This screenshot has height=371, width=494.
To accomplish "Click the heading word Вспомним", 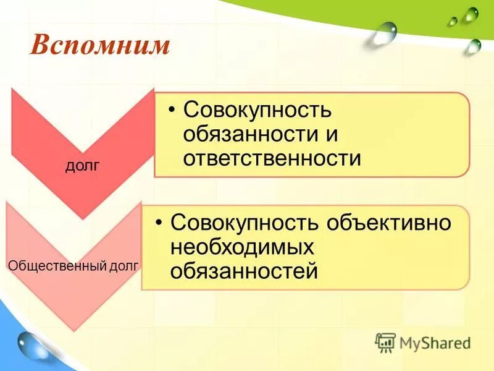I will coord(99,46).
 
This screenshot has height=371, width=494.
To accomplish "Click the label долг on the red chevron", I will coord(82,166).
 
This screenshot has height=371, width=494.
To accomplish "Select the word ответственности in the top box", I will coord(272,159).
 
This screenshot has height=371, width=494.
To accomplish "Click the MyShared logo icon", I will coord(385,342).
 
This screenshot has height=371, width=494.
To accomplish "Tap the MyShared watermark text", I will coord(435,343).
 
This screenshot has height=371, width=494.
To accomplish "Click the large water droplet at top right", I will coord(385,34).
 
